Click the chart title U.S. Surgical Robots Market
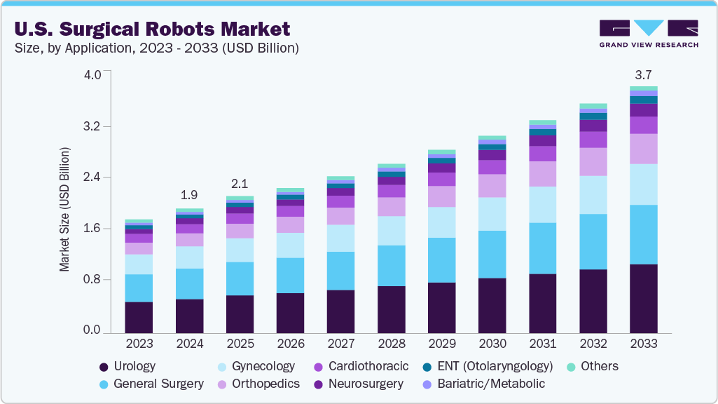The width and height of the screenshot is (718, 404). (x=151, y=29)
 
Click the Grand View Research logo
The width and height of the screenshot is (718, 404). (x=648, y=33)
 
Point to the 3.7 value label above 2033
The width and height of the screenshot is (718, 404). (x=643, y=74)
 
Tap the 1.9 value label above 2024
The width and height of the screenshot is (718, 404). (x=189, y=195)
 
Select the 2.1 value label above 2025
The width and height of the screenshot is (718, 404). (x=240, y=183)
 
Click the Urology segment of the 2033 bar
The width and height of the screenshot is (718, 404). (x=643, y=297)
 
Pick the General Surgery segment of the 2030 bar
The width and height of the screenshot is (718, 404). (x=492, y=254)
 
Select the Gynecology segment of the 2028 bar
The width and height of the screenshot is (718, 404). (x=391, y=231)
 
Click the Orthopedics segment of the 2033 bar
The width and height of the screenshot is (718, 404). (x=643, y=149)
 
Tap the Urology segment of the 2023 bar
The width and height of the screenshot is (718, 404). (x=139, y=316)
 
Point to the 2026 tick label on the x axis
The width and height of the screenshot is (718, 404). (x=290, y=344)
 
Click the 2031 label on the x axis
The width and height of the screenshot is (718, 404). (x=542, y=344)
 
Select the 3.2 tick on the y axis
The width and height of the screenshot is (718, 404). (x=92, y=127)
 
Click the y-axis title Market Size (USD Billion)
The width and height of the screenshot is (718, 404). (x=64, y=210)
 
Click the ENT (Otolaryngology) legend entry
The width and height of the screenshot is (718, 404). (x=488, y=366)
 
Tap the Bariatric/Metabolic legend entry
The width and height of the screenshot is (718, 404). (x=483, y=384)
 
